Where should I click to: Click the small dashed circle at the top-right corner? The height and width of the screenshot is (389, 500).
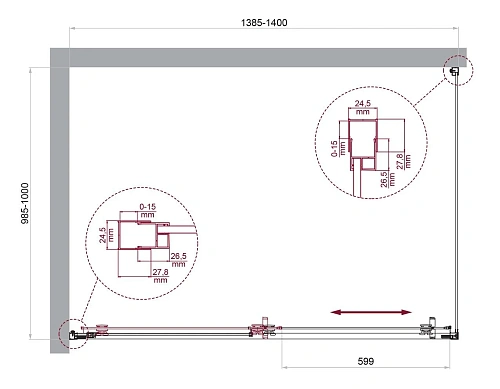click(456, 70)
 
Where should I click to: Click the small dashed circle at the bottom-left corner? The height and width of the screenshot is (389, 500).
click(72, 333)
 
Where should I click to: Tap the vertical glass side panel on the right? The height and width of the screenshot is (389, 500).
click(461, 200)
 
